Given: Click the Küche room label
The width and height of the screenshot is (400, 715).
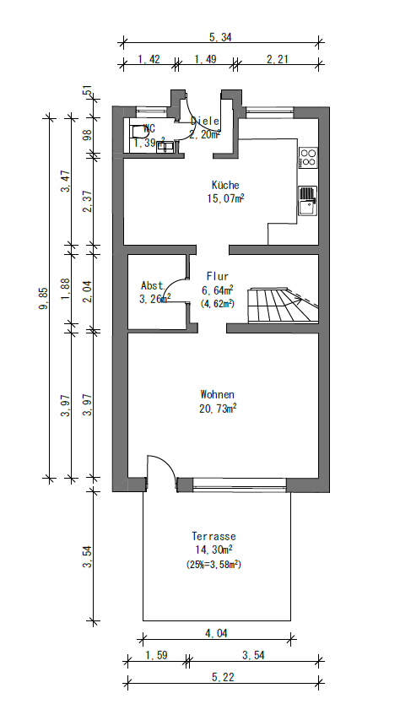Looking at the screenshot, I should click(224, 185).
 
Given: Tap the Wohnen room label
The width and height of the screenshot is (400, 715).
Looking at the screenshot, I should click(217, 394).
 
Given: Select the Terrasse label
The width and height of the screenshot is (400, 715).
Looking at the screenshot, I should click(214, 536).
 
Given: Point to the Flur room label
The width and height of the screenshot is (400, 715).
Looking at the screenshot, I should click(217, 276).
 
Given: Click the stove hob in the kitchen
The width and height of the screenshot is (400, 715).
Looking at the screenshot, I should click(309, 156).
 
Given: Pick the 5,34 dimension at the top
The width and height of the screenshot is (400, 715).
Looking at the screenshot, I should click(220, 37).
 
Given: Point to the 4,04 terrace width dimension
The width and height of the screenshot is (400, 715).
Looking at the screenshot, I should click(216, 632).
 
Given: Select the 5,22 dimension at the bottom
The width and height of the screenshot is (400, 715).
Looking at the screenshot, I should click(223, 677).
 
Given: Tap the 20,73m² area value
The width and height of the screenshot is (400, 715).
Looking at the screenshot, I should click(217, 409).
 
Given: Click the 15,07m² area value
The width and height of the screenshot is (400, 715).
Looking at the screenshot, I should click(224, 199).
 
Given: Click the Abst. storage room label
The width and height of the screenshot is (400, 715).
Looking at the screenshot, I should click(153, 285).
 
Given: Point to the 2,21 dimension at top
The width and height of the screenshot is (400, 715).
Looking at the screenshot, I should click(276, 59).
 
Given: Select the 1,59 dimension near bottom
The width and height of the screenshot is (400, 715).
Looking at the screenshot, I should click(155, 655).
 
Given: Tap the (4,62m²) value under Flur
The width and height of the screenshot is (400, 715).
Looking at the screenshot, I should click(217, 302).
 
